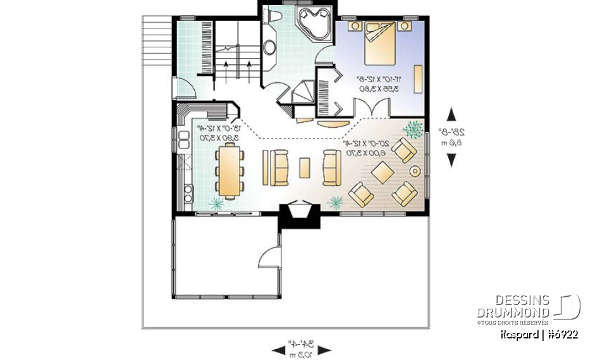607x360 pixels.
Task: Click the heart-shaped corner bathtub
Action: tap(312, 25)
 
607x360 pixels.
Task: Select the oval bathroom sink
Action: tap(269, 47)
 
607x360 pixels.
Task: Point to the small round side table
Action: tap(415, 170)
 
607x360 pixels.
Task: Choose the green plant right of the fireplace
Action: tap(335, 202)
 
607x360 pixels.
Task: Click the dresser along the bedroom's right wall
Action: tap(418, 77)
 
